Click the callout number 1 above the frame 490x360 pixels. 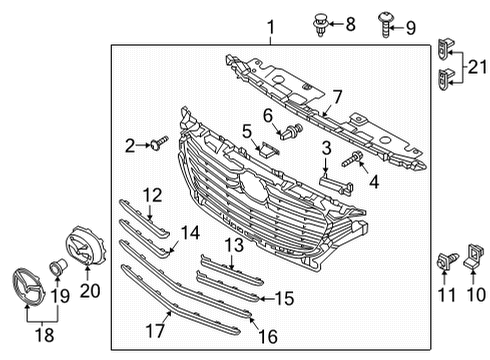coord(272,27)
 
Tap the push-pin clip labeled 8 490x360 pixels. coord(321,24)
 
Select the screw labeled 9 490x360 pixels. coord(385,25)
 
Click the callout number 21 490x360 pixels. coord(477,67)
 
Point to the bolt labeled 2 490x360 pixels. coord(159,143)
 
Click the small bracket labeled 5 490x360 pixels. coord(268,149)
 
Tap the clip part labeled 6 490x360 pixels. coord(292,132)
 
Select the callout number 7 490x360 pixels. coord(337,97)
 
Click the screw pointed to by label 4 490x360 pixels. coord(352,159)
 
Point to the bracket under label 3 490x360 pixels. coord(337,185)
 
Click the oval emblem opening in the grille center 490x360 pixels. coord(254,187)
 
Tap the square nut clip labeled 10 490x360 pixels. coord(473,256)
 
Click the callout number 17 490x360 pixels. coord(155,331)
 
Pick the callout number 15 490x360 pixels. coord(284,299)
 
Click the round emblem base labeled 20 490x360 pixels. coord(86,246)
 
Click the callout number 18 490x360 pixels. coord(45,335)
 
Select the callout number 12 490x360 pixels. coord(153,195)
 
